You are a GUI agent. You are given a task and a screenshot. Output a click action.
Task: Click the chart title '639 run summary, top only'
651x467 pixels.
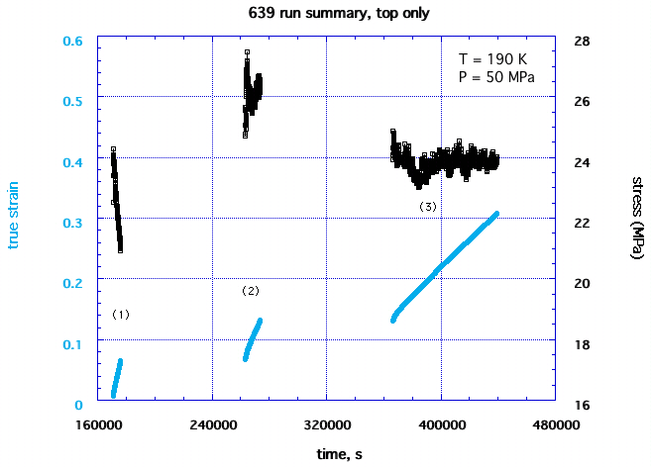coord(325,14)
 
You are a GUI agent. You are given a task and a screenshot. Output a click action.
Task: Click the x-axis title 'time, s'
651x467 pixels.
coord(325,453)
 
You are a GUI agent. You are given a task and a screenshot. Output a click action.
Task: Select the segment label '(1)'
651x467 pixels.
coord(121,314)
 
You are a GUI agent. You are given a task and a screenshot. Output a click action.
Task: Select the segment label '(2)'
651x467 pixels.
coord(251,291)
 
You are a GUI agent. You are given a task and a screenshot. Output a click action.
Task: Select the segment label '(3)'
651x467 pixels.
coord(427,207)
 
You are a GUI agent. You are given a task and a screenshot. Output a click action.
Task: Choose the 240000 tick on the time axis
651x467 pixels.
coord(212,423)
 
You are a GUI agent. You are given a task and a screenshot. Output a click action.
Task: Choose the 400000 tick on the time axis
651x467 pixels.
coord(441,423)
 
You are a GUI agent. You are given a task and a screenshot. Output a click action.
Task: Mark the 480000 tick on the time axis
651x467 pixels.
coord(555,423)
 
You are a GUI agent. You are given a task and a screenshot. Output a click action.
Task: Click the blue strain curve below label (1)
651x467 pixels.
coord(117,377)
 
